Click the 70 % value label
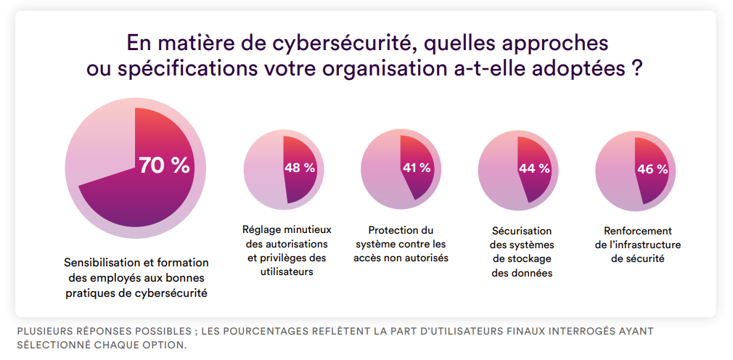pos(165,165)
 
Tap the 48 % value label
pos(300,168)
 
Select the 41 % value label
pos(417,168)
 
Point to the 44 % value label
pos(534,168)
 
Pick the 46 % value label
pos(652,169)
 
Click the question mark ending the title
pos(636,70)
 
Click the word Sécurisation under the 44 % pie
pos(520,231)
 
